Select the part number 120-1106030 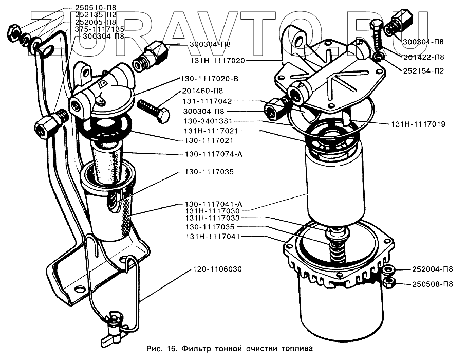pos(218,269)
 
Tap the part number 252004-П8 pos(432,269)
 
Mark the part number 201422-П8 pos(423,57)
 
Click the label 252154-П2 pos(423,71)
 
